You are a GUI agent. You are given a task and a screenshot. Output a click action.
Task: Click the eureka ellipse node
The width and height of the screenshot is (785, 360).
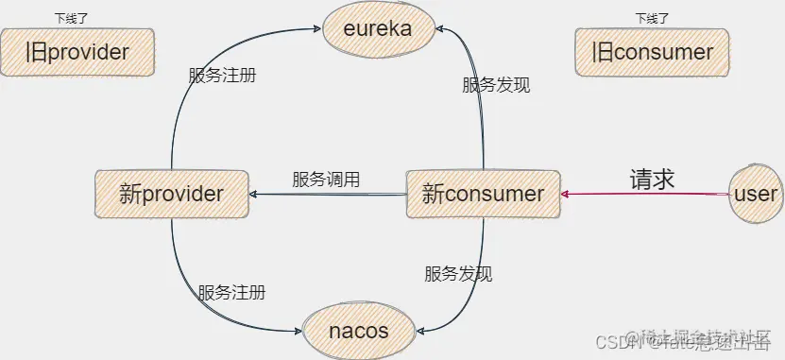[376, 29]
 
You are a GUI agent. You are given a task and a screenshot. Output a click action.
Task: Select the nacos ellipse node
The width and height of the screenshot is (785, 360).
[358, 331]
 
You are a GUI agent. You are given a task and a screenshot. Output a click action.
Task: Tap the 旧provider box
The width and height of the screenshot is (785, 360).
[77, 51]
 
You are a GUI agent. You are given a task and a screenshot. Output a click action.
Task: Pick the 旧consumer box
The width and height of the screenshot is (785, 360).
[653, 51]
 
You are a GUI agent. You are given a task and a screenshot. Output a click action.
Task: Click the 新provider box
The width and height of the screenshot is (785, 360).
[171, 195]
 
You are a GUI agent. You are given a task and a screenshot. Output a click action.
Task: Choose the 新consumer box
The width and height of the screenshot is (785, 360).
[483, 195]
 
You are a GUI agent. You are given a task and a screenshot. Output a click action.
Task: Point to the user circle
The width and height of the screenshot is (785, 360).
[755, 195]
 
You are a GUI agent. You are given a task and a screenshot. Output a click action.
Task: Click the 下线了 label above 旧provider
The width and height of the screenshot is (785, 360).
[72, 18]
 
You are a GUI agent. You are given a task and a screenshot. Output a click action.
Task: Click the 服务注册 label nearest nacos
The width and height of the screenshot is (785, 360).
[231, 292]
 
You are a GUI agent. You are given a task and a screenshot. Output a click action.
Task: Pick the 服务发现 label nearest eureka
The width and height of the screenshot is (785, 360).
[496, 85]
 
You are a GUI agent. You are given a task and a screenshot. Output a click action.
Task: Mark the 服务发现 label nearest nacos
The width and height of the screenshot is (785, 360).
[458, 274]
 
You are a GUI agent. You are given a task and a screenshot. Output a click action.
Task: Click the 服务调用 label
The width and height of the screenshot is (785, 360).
[326, 179]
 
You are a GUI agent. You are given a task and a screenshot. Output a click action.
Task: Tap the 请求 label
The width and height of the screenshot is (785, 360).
[653, 179]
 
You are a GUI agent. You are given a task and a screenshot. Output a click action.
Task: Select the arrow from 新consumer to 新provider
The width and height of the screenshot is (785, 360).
[326, 196]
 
